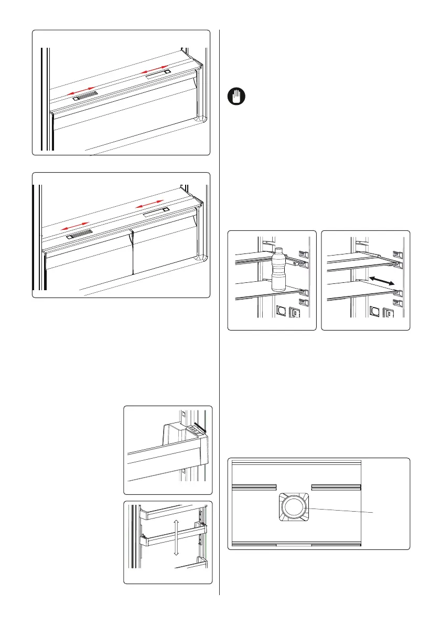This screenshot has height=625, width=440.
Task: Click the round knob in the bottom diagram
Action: (x=295, y=508)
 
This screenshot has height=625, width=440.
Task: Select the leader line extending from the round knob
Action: (x=341, y=510)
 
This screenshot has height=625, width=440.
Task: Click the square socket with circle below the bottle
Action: (x=282, y=312)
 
